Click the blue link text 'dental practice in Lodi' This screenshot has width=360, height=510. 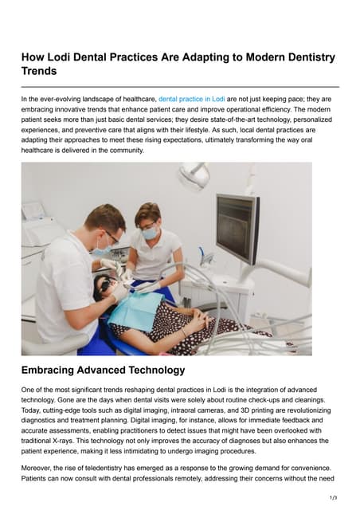coord(191,99)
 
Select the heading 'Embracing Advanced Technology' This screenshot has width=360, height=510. coord(103,370)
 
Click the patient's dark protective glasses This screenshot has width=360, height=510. coord(103,284)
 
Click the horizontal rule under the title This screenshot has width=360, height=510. coord(180,85)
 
